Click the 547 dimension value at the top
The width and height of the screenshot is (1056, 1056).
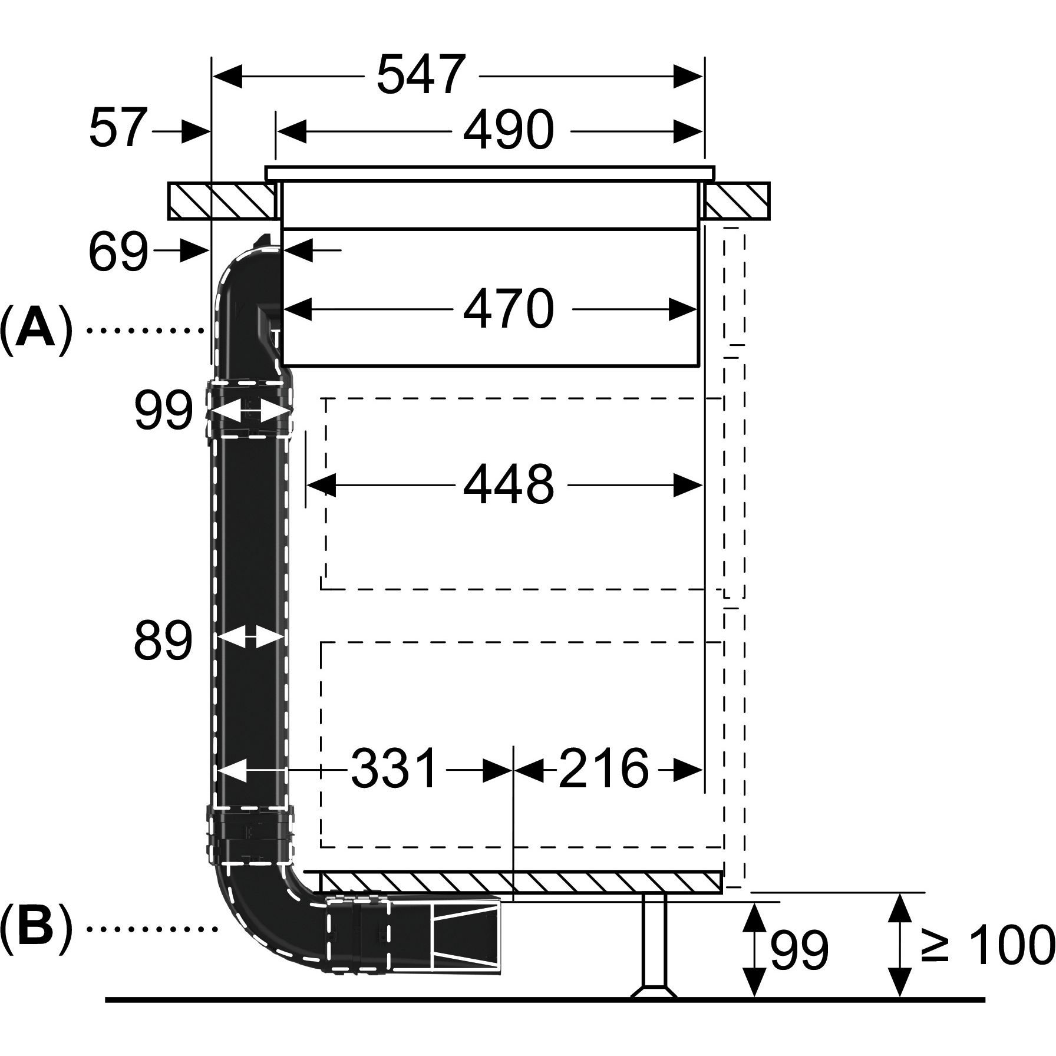(421, 75)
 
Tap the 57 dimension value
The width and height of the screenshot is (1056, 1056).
(117, 128)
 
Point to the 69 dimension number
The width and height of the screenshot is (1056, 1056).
(118, 252)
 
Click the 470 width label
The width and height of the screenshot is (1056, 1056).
(508, 309)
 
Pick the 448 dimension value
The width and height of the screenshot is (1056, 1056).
(508, 484)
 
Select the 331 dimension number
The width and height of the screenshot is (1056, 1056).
(395, 768)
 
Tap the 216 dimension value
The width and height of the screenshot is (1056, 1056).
(603, 768)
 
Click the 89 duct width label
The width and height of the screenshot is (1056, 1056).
(163, 640)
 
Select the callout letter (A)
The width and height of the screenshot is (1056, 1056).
(37, 331)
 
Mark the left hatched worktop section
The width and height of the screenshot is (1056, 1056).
(221, 202)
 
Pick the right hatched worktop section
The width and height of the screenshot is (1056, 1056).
(737, 202)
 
